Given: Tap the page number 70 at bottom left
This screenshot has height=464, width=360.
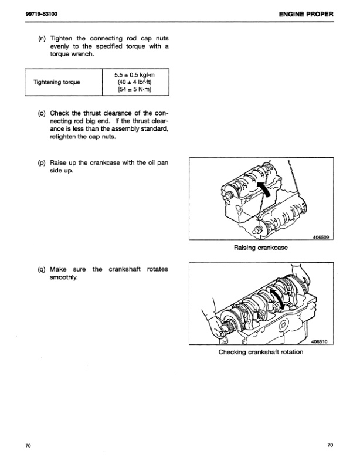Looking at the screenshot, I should pos(28,446).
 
